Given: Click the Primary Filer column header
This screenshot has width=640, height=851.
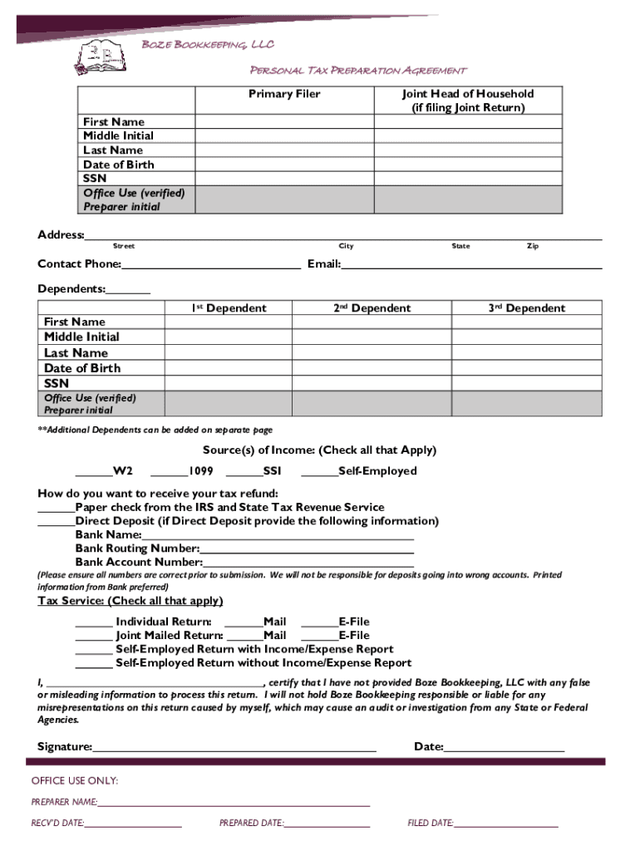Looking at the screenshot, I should pyautogui.click(x=284, y=94).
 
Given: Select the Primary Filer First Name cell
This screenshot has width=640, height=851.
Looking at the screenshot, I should pyautogui.click(x=283, y=122).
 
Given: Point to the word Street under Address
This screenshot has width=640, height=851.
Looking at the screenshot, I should pyautogui.click(x=124, y=246).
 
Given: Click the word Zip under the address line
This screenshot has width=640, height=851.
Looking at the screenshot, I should pyautogui.click(x=533, y=246).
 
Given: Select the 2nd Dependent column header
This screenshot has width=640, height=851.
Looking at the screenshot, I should pyautogui.click(x=372, y=308).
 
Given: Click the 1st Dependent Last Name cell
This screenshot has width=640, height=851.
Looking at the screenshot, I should pyautogui.click(x=229, y=352).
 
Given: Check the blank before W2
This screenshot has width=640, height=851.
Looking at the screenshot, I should pyautogui.click(x=93, y=472).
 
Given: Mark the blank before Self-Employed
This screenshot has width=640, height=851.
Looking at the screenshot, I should pyautogui.click(x=319, y=472).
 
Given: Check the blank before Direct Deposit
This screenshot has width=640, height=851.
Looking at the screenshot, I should pyautogui.click(x=56, y=522).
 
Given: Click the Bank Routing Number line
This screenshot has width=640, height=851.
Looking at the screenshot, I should pyautogui.click(x=307, y=549).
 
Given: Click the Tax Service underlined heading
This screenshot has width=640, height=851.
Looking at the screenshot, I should pyautogui.click(x=130, y=601).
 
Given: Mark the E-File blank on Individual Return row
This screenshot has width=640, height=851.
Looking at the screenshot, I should pyautogui.click(x=319, y=622).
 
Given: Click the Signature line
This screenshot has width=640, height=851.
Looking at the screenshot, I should pyautogui.click(x=234, y=747).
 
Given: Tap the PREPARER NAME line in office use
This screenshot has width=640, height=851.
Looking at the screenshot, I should pyautogui.click(x=234, y=803).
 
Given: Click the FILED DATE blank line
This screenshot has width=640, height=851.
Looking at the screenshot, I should pyautogui.click(x=506, y=824).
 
